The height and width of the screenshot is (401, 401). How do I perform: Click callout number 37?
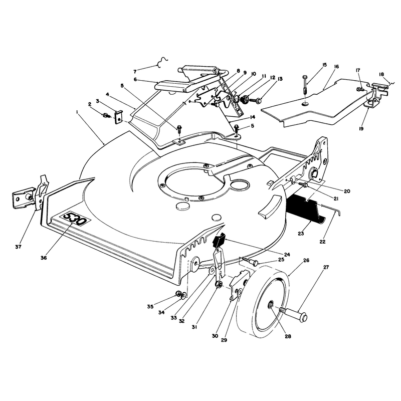[x=18, y=247]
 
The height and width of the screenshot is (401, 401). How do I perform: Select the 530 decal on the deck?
[x=75, y=219]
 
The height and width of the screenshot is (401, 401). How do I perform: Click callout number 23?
[x=301, y=233]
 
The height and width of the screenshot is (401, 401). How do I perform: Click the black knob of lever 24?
[x=219, y=241]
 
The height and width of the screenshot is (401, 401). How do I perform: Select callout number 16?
[x=336, y=67]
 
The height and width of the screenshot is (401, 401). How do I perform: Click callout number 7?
[x=135, y=72]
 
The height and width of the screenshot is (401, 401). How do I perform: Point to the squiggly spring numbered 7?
[x=162, y=62]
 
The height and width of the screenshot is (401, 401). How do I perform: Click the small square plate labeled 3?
[x=118, y=117]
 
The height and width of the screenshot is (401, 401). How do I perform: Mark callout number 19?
[x=361, y=129]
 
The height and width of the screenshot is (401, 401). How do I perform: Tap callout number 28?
[x=288, y=336]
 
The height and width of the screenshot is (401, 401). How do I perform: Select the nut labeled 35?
[x=178, y=294]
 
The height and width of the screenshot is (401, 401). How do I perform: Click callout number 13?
[x=280, y=79]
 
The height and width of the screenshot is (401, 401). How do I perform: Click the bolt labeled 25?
[x=250, y=261]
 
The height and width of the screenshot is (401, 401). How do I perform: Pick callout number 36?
[x=44, y=258]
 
